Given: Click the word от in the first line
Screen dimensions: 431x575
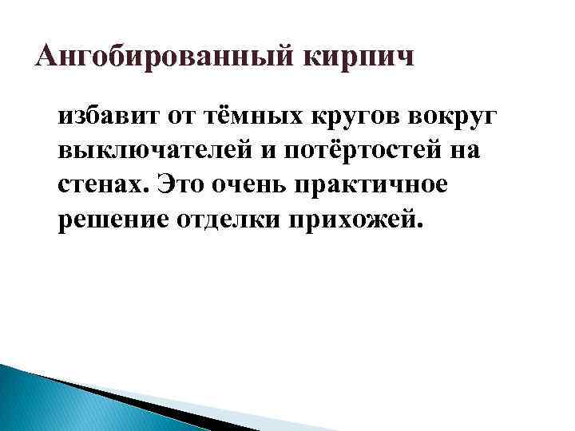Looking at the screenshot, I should coord(182,118).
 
